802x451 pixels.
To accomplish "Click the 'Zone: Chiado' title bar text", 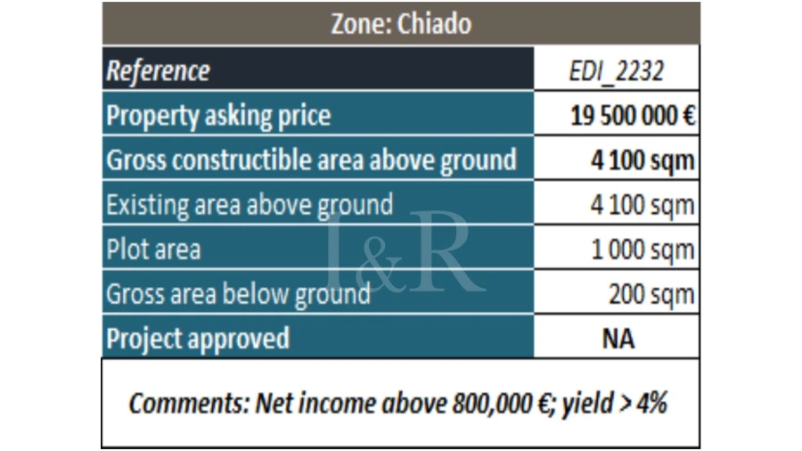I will [400, 23].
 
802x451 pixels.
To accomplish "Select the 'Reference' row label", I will [158, 70].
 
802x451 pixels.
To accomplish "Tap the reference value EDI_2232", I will [616, 71].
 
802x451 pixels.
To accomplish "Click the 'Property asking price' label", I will [218, 115].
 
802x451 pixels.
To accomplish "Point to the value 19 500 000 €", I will [633, 116].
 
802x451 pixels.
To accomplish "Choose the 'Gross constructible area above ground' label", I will [311, 160].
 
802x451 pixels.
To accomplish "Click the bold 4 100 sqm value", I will [642, 161].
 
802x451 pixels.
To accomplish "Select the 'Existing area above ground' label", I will [250, 205].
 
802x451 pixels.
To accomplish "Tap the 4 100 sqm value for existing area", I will [642, 206].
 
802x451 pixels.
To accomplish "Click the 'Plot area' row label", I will [153, 250].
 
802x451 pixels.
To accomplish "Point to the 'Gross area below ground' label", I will [238, 294].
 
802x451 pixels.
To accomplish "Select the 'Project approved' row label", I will [198, 339].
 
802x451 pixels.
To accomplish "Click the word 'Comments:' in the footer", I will [189, 403].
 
